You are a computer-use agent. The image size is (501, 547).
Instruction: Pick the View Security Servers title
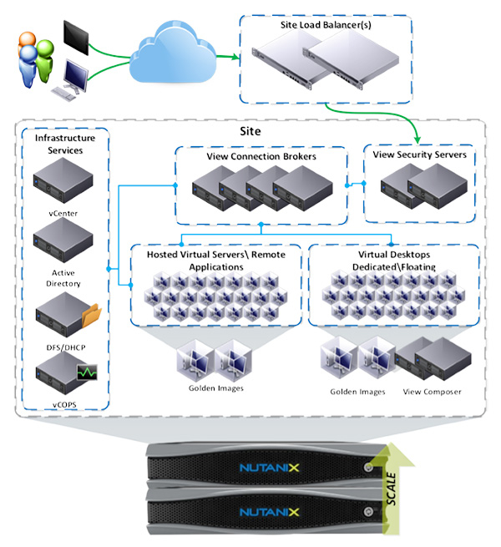tap(420, 154)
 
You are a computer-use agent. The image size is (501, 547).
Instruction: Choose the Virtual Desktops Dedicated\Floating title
tap(392, 260)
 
